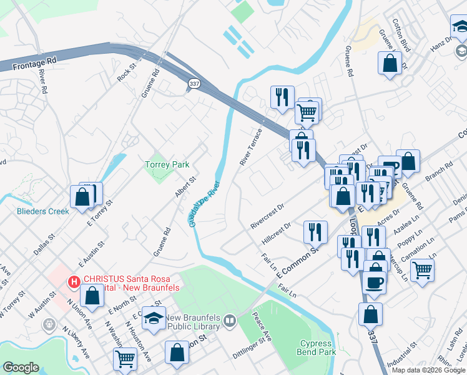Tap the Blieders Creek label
point(43,211)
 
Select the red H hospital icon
point(74,282)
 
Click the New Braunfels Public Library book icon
point(230,321)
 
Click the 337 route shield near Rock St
point(194,83)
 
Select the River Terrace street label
point(251,147)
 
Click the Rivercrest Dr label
point(267,214)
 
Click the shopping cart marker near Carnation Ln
point(423,270)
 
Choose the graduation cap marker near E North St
point(154,318)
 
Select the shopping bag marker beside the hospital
point(92,296)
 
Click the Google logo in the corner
point(21,367)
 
